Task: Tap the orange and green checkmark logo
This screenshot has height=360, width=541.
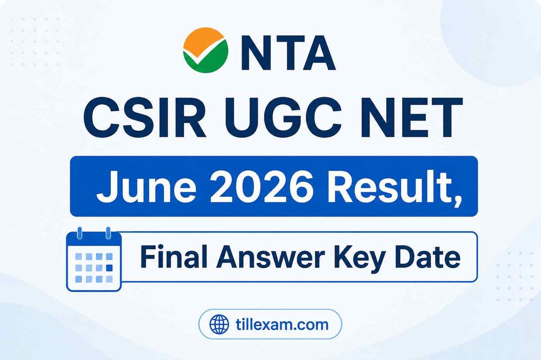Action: point(206,50)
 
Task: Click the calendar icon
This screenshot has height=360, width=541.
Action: point(94,260)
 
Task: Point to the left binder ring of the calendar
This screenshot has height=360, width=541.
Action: point(80,233)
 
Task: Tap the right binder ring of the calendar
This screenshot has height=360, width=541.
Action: point(108,233)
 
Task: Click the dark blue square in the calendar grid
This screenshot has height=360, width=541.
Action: point(109,268)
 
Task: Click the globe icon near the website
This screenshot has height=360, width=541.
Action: point(219,325)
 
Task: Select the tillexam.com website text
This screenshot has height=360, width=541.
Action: point(282,324)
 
